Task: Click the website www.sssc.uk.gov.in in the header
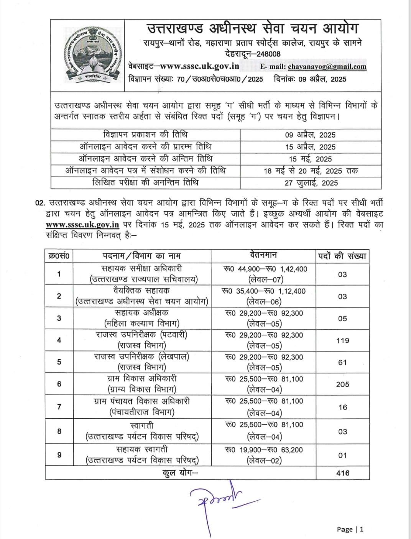point(199,66)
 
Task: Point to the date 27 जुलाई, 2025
point(311,183)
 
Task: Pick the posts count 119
point(342,340)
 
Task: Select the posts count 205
point(342,384)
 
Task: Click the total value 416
point(342,473)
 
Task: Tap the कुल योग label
point(180,473)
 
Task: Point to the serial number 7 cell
point(59,407)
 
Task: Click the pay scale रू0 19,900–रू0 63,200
point(264,450)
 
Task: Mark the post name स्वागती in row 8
point(141,426)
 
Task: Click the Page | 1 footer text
point(350,529)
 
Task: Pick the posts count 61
point(342,362)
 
